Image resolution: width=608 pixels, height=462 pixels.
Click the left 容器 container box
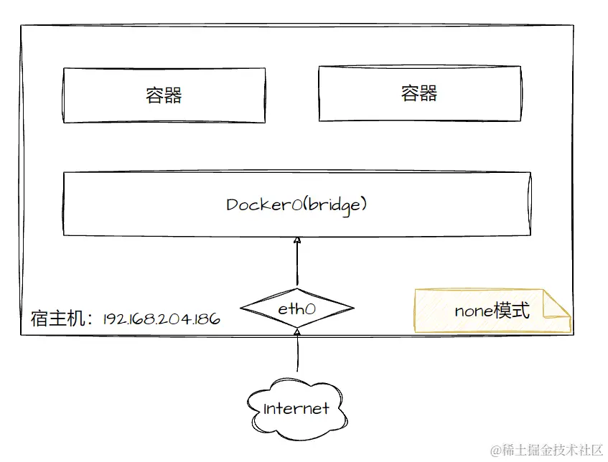(164, 95)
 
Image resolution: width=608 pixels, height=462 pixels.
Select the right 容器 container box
(419, 93)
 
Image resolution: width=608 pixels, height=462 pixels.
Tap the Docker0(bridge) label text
(296, 204)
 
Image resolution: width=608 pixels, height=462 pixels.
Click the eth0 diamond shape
(296, 310)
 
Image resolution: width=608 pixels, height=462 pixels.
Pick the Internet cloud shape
(296, 410)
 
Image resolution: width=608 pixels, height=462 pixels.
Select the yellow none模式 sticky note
(492, 311)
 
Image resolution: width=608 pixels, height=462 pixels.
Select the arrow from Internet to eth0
(296, 352)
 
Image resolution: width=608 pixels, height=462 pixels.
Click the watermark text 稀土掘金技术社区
(551, 450)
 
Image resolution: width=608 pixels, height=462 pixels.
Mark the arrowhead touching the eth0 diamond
(296, 331)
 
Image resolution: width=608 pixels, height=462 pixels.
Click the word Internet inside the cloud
(296, 410)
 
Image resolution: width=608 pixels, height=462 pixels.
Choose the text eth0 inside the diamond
(296, 310)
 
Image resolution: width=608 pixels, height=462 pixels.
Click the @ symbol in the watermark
(495, 450)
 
